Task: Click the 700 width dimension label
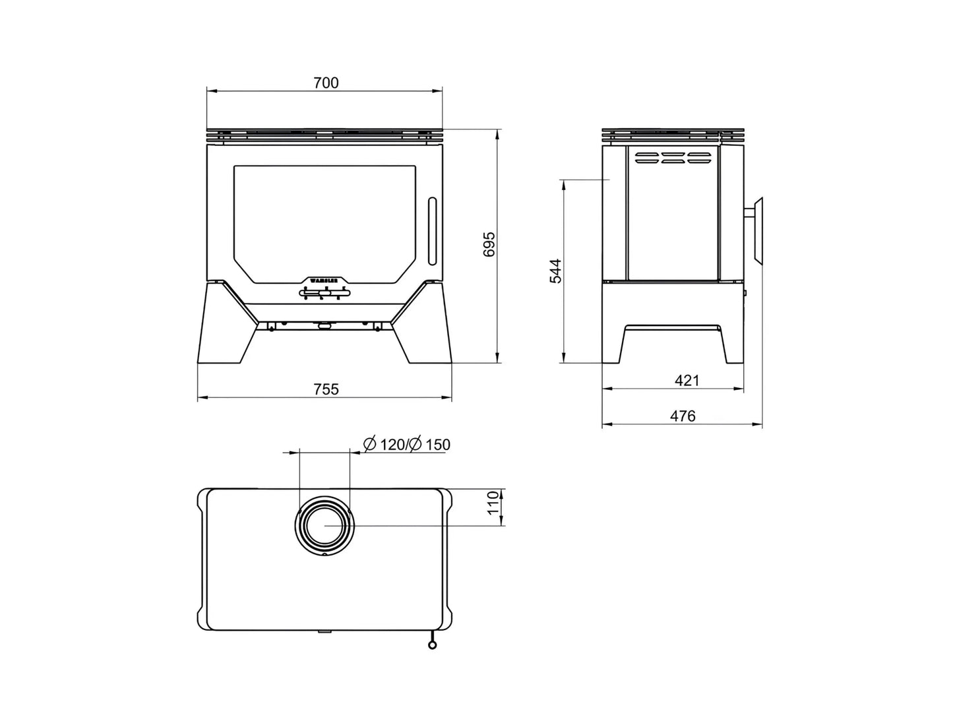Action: click(326, 83)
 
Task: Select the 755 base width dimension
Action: click(326, 389)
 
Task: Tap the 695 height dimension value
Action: click(489, 245)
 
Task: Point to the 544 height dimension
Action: click(556, 271)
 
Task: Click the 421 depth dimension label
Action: click(687, 381)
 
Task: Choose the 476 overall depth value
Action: click(683, 416)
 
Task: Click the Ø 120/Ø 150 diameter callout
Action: click(407, 445)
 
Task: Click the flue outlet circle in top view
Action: click(325, 526)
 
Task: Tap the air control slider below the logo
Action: click(324, 292)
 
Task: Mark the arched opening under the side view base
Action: click(673, 343)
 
